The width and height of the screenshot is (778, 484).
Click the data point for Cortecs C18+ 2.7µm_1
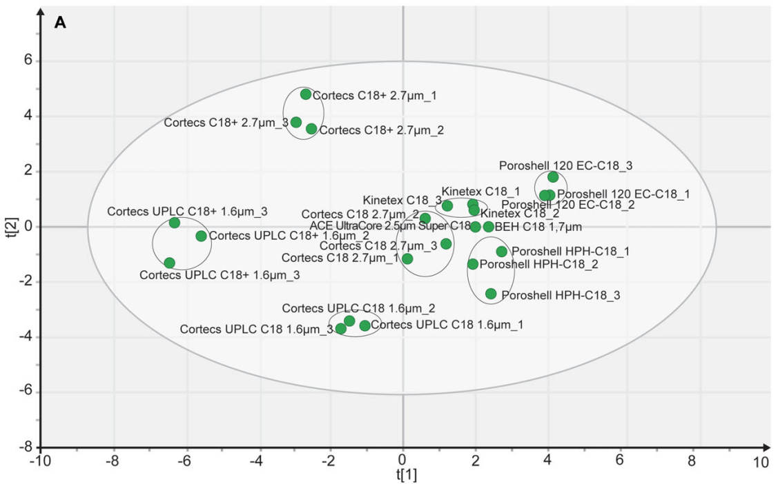(306, 94)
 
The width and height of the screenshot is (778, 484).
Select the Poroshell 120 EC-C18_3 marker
(553, 177)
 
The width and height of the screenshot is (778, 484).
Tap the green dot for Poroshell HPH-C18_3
(491, 294)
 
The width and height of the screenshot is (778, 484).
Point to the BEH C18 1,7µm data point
(489, 227)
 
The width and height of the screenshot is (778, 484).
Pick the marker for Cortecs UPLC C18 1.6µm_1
(364, 325)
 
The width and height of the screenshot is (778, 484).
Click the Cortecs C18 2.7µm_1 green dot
(407, 259)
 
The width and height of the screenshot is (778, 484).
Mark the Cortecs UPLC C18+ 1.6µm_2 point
(201, 236)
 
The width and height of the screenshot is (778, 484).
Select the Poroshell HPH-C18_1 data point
(502, 252)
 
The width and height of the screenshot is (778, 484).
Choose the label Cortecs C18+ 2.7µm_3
(225, 123)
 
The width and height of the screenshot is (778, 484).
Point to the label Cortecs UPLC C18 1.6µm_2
(358, 308)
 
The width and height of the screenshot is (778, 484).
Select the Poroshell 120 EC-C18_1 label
(623, 194)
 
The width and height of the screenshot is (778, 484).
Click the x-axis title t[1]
(407, 475)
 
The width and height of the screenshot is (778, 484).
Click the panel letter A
(60, 23)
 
